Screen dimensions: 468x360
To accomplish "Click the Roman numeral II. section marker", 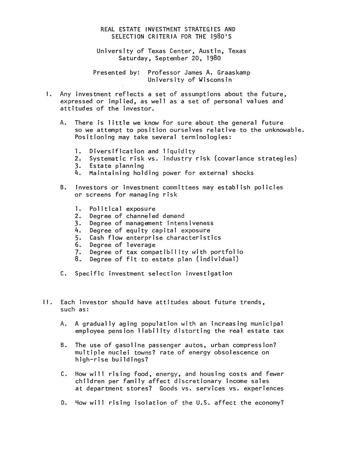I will tap(47, 302).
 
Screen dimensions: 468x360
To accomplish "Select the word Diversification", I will tap(117, 152).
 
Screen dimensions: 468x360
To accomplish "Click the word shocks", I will tap(243, 173).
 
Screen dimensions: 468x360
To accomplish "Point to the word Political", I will tap(106, 209).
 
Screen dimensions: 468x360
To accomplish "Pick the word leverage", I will tap(141, 245).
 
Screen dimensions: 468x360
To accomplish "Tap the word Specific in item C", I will tap(90, 274).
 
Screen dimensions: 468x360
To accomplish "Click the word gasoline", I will tap(130, 345).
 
